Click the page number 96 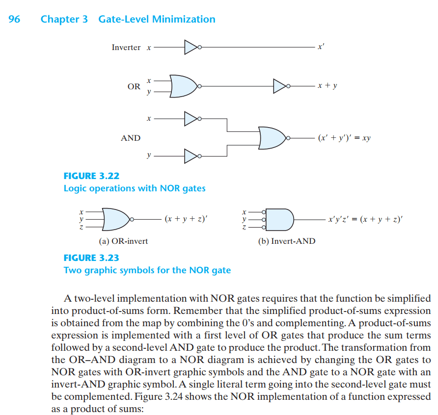[x=14, y=19]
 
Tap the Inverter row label [x=126, y=48]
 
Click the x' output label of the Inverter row [x=321, y=47]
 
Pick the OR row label [x=134, y=86]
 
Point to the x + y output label [x=328, y=86]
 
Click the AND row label [x=131, y=138]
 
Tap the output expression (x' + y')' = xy [x=344, y=138]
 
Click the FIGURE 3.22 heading [x=91, y=176]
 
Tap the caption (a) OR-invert [x=123, y=241]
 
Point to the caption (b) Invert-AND [x=287, y=241]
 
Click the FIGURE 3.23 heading [x=91, y=258]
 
